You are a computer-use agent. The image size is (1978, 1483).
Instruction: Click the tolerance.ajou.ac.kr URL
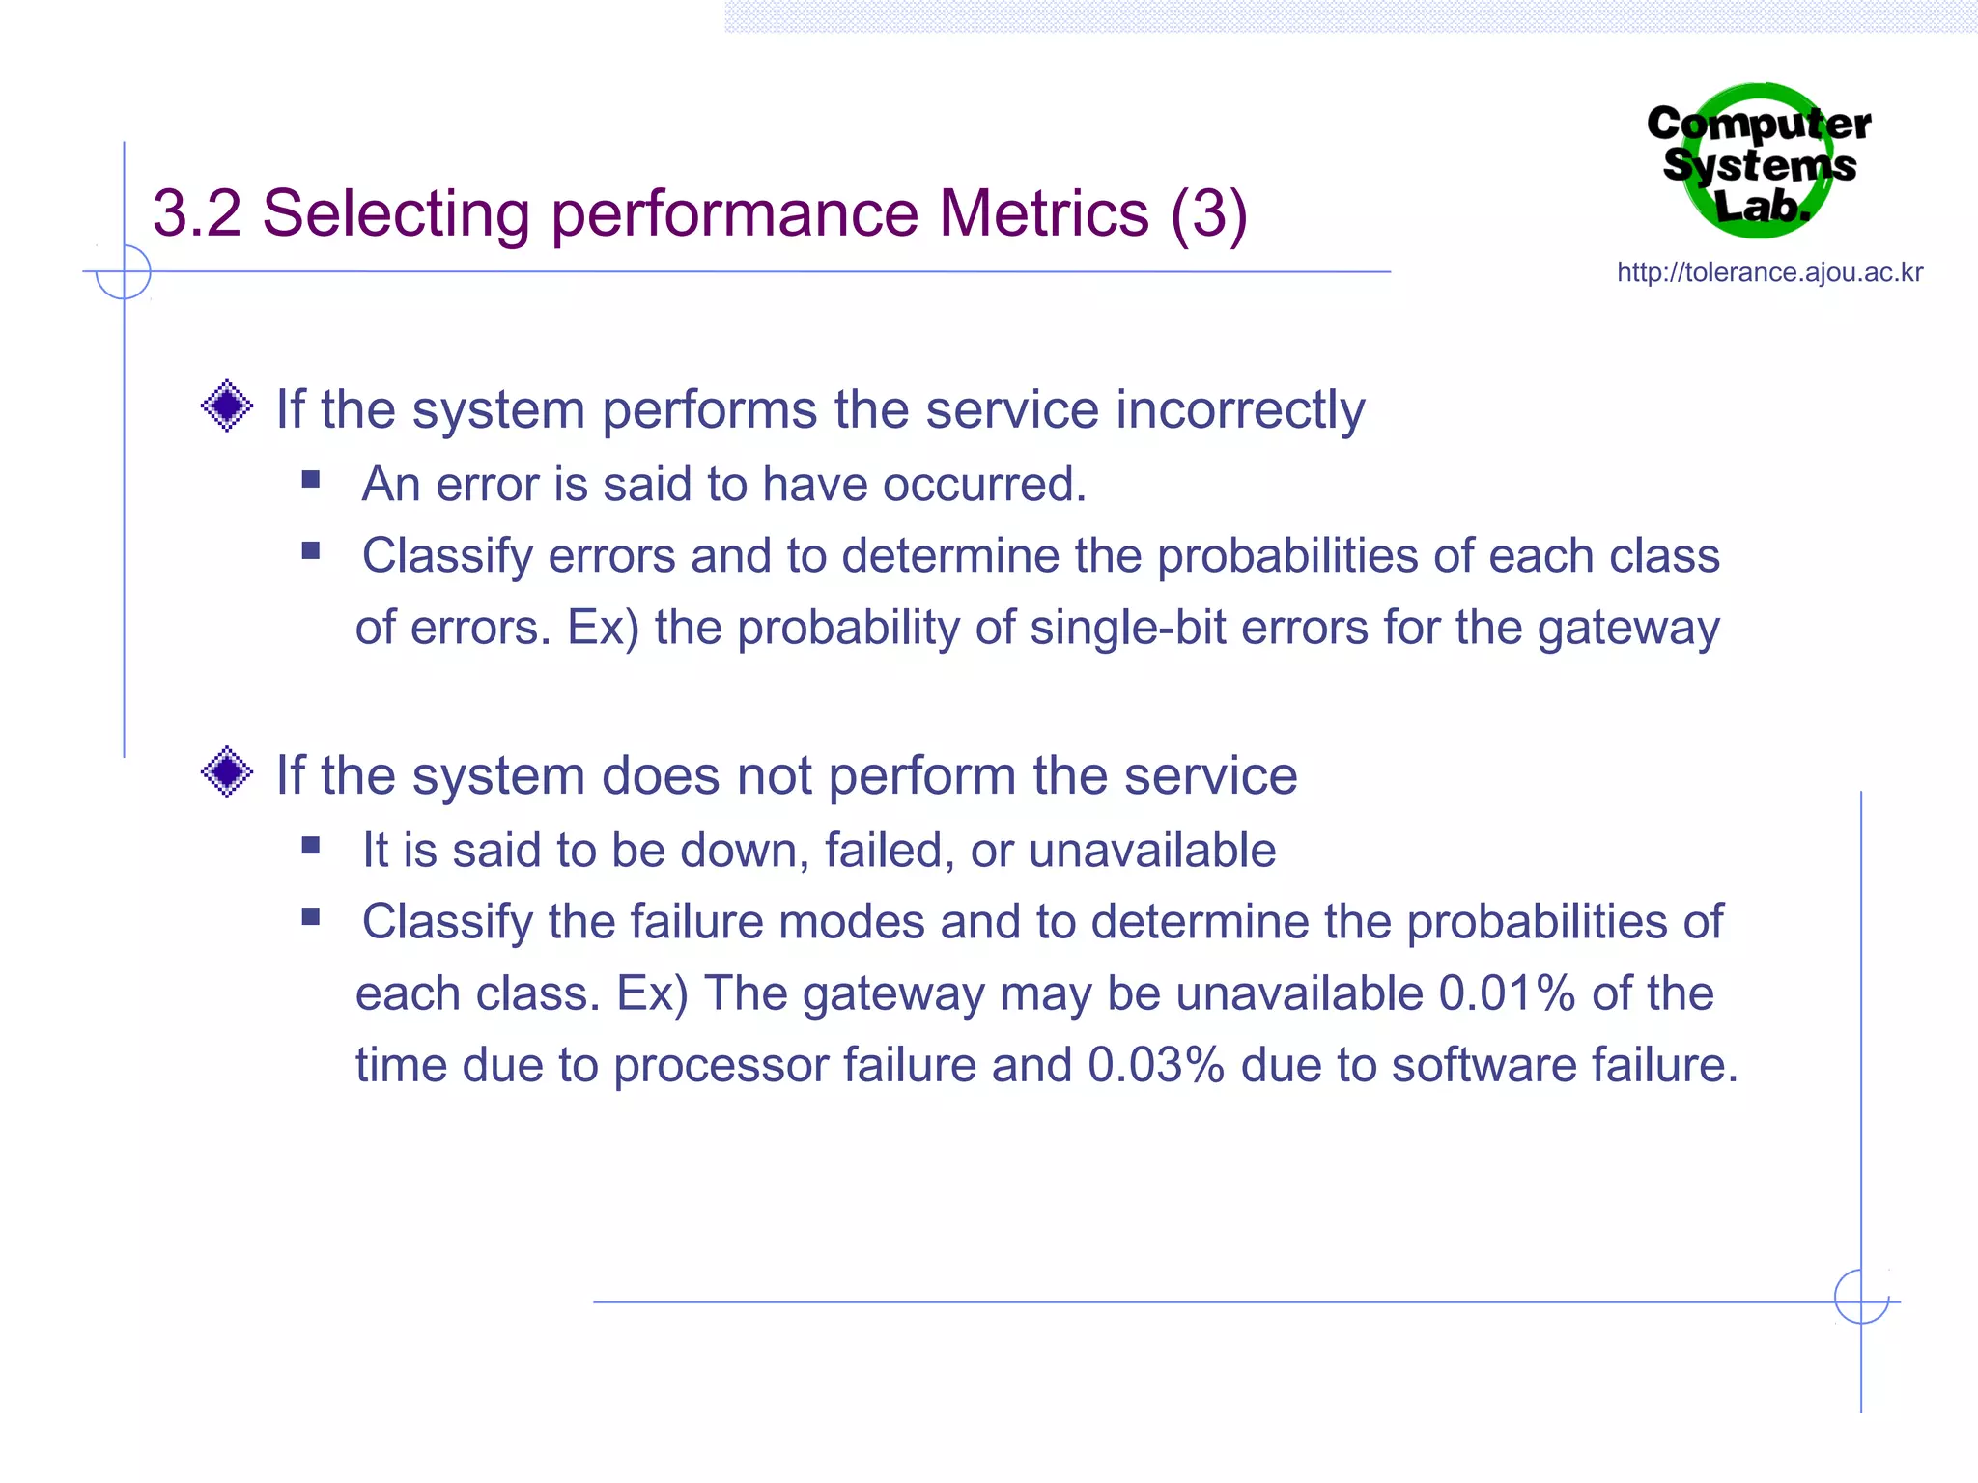tap(1769, 272)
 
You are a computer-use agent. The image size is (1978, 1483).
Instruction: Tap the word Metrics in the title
tap(1044, 212)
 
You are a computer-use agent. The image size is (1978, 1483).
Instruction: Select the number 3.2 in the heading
tap(197, 212)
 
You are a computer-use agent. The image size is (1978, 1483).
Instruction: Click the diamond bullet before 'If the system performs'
tap(227, 406)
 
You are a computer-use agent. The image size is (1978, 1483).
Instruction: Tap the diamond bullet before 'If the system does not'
tap(227, 772)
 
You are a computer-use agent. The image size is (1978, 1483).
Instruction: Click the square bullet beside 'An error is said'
tap(310, 480)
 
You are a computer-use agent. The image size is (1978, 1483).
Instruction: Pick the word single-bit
tap(1127, 628)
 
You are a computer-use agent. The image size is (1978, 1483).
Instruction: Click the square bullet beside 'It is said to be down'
tap(310, 846)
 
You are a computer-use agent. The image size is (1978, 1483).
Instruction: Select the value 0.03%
tap(1156, 1065)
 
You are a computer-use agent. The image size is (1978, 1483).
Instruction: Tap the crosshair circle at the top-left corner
tap(124, 271)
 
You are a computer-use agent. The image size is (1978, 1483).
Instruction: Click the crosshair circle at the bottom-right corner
tap(1861, 1297)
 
